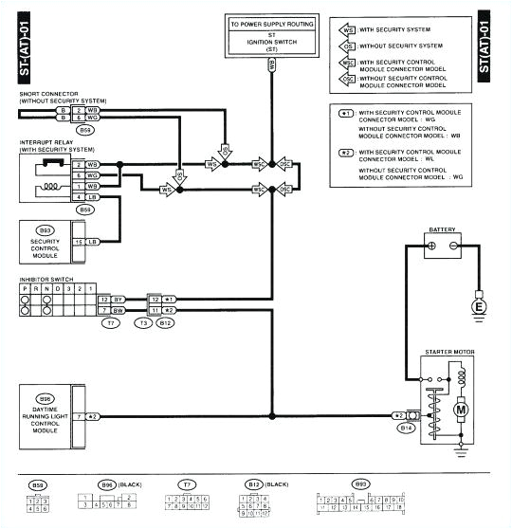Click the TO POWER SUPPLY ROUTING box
tap(272, 36)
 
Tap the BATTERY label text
tap(443, 229)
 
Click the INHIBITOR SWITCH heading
tap(45, 280)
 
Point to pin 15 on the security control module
tap(79, 242)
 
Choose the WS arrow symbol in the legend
tap(347, 29)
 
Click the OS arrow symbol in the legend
tap(347, 46)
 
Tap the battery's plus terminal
tap(430, 246)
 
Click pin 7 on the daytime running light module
tap(79, 416)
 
